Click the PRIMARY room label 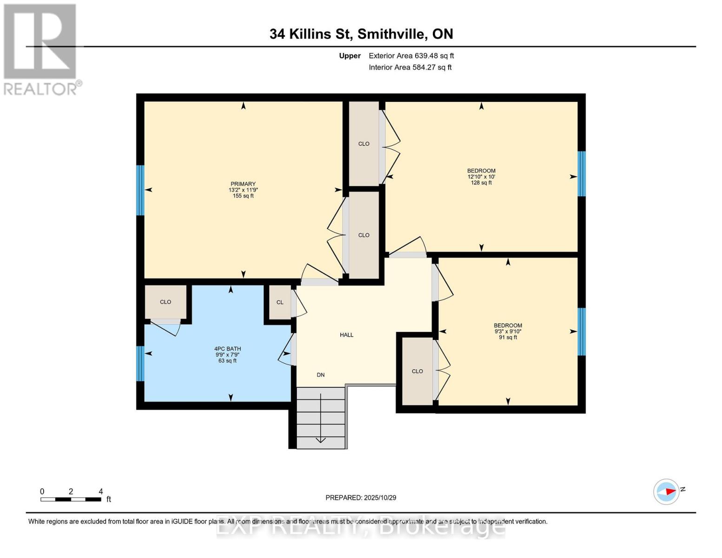(243, 184)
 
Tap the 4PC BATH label (227, 349)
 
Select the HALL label (346, 335)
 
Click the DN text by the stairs (320, 375)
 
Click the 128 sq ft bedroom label (481, 177)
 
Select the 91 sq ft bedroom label (508, 331)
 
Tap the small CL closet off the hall (280, 302)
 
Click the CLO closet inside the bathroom (166, 302)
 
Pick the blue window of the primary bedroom (140, 190)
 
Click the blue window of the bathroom (140, 364)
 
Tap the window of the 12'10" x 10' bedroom (581, 173)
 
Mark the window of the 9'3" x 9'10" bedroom (581, 332)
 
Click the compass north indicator (667, 491)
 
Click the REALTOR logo (41, 49)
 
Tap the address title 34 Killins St (361, 34)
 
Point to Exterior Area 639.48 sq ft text (411, 56)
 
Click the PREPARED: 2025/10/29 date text (361, 498)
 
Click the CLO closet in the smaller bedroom (417, 371)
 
